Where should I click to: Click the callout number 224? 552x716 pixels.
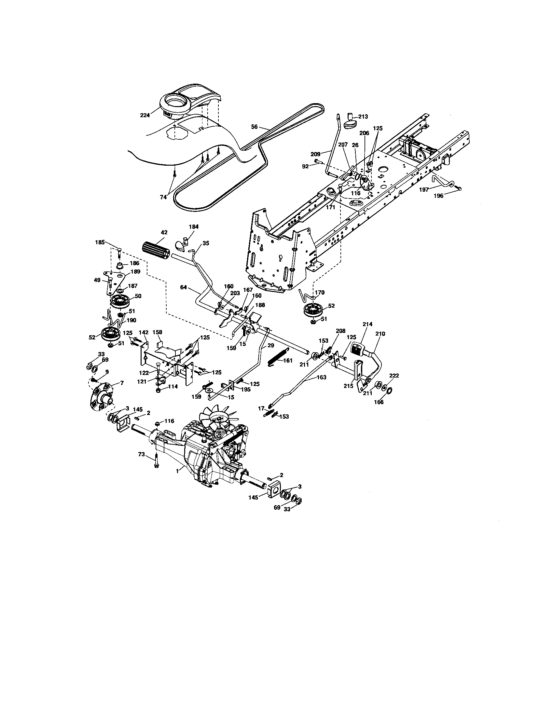pyautogui.click(x=145, y=115)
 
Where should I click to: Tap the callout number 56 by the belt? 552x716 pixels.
pyautogui.click(x=255, y=127)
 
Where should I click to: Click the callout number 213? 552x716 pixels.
pyautogui.click(x=363, y=117)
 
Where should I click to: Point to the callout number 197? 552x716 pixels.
pyautogui.click(x=424, y=190)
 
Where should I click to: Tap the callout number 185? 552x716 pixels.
pyautogui.click(x=100, y=242)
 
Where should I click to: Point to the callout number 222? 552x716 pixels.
pyautogui.click(x=394, y=376)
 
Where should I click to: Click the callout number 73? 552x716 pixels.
pyautogui.click(x=141, y=454)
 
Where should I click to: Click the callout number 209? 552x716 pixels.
pyautogui.click(x=316, y=154)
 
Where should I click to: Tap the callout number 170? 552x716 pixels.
pyautogui.click(x=319, y=292)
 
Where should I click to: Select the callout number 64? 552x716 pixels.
pyautogui.click(x=184, y=287)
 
